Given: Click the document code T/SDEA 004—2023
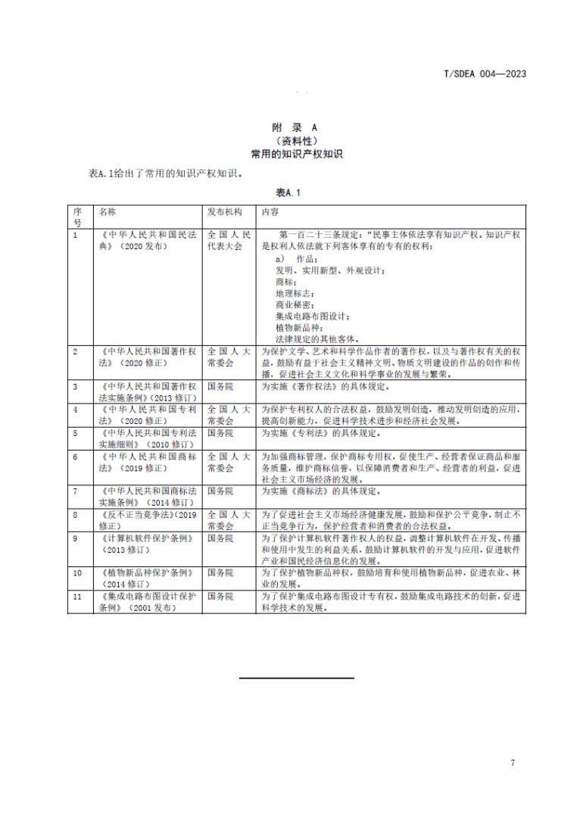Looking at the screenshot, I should (484, 73).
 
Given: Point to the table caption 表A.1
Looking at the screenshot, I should (288, 192).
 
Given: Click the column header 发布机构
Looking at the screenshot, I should (225, 212).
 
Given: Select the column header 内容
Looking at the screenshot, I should (270, 212).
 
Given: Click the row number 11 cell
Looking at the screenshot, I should (78, 597).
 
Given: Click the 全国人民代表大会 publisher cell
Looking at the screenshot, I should (225, 241).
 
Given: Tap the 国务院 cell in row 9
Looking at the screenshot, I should (220, 538).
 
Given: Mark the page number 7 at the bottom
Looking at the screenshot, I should (513, 762).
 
